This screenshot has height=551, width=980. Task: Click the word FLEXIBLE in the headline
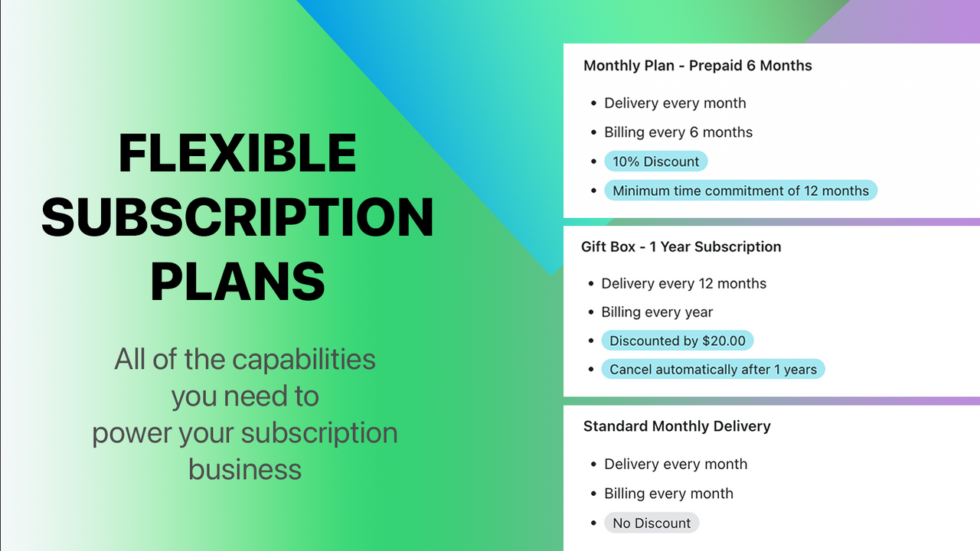tap(237, 153)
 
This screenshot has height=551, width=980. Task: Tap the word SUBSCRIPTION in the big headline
tap(237, 217)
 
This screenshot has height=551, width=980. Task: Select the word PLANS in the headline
tap(237, 281)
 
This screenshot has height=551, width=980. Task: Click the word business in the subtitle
tap(245, 468)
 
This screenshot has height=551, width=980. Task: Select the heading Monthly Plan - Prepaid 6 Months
tap(697, 66)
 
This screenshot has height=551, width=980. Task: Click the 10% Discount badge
tap(655, 161)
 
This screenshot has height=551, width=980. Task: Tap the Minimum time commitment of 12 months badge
tap(740, 191)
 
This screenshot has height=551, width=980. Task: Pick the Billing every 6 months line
tap(678, 132)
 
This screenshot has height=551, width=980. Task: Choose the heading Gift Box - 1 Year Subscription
tap(681, 247)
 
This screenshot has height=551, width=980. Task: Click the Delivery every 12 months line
tap(684, 284)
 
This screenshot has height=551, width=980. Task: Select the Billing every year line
tap(657, 312)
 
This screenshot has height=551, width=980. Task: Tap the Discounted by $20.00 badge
tap(678, 341)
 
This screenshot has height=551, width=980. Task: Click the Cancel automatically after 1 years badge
tap(713, 370)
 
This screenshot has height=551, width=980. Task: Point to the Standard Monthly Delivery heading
tap(677, 426)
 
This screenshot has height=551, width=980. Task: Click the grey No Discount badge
tap(652, 523)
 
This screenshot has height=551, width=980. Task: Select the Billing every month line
tap(668, 494)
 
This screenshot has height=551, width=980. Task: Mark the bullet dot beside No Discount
tap(593, 523)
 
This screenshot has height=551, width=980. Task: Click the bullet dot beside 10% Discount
tap(593, 161)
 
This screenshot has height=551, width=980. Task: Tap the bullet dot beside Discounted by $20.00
tap(591, 341)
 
